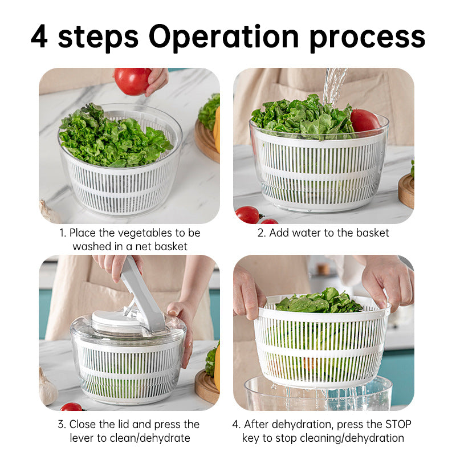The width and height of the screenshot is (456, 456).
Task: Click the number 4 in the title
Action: pos(40,38)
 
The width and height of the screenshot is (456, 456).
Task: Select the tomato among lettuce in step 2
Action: pos(364,121)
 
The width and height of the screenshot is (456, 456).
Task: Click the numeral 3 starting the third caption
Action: pos(62,424)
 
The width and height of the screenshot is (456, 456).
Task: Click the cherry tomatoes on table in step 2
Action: pos(251,215)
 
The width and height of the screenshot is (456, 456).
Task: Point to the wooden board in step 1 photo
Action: pos(206,142)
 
